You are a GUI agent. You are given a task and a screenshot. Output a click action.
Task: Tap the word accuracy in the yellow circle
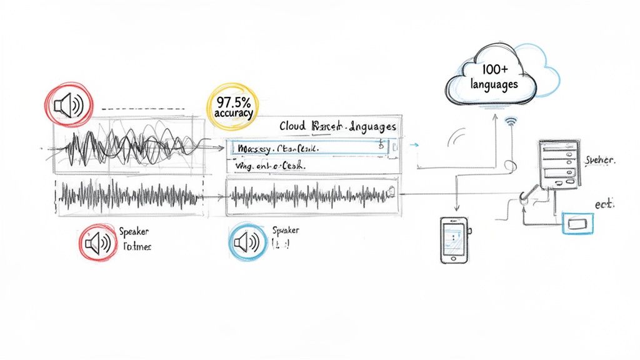(232, 114)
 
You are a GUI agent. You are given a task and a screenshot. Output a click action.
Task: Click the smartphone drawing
(454, 239)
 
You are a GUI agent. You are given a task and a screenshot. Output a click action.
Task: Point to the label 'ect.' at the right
(604, 204)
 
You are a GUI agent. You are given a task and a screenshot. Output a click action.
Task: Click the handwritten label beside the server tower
(600, 161)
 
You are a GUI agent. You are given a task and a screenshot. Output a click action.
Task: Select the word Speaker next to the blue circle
(286, 230)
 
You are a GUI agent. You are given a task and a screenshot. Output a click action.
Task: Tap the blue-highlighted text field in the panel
(309, 148)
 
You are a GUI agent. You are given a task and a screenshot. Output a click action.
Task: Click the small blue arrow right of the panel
(412, 145)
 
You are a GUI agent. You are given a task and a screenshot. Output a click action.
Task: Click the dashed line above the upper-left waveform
(144, 109)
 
